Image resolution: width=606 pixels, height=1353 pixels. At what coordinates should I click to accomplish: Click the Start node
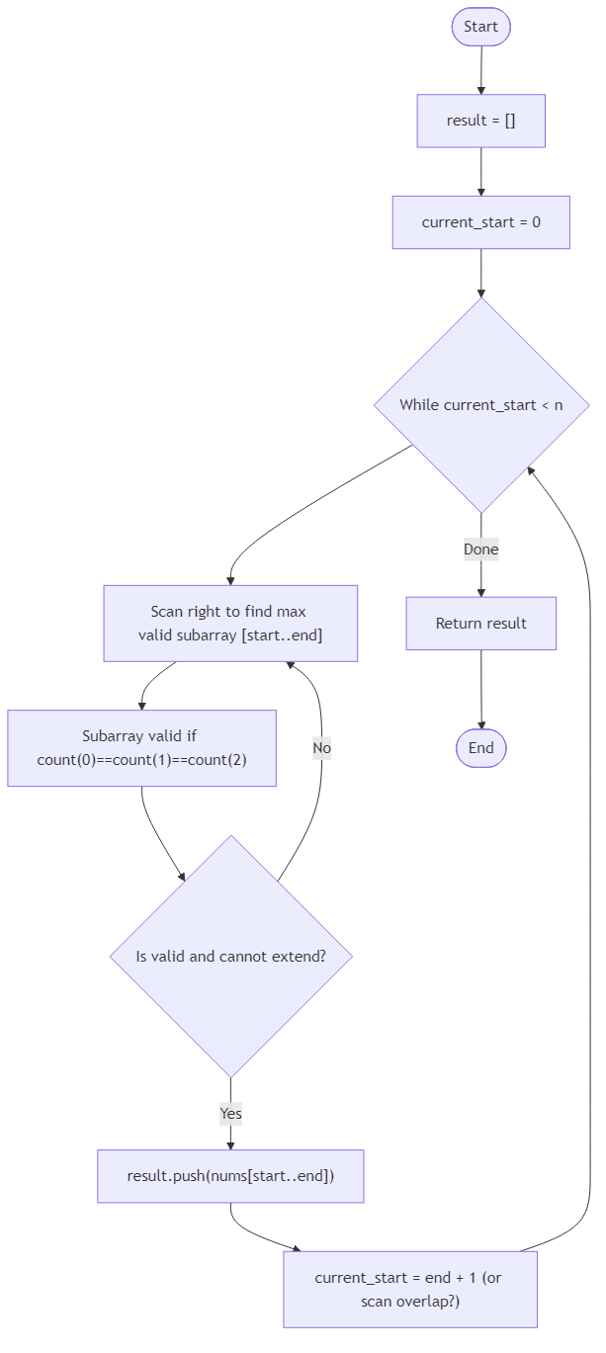pyautogui.click(x=480, y=27)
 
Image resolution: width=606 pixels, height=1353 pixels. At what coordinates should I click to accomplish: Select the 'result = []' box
pyautogui.click(x=480, y=121)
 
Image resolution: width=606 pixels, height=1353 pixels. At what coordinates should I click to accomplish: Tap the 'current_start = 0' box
pyautogui.click(x=480, y=221)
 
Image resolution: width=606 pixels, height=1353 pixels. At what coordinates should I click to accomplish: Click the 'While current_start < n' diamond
pyautogui.click(x=480, y=404)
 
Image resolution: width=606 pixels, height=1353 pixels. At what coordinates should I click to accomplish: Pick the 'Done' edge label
pyautogui.click(x=480, y=550)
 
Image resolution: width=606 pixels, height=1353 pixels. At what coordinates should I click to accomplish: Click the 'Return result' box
pyautogui.click(x=480, y=623)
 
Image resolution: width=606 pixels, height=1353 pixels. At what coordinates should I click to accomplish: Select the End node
pyautogui.click(x=480, y=748)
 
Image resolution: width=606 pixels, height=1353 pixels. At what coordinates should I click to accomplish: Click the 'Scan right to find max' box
pyautogui.click(x=230, y=623)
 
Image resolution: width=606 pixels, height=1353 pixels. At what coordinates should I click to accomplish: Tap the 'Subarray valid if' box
pyautogui.click(x=141, y=748)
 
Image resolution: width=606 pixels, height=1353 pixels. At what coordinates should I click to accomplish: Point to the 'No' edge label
pyautogui.click(x=321, y=748)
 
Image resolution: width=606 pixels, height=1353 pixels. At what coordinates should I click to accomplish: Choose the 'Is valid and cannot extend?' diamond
pyautogui.click(x=230, y=956)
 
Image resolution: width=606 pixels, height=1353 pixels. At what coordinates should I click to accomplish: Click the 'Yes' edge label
pyautogui.click(x=230, y=1114)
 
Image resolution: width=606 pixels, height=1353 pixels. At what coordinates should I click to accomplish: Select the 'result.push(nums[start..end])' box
pyautogui.click(x=230, y=1176)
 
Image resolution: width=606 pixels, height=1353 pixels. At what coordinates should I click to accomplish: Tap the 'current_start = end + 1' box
pyautogui.click(x=409, y=1289)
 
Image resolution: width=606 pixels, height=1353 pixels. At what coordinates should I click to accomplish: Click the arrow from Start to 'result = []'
pyautogui.click(x=480, y=70)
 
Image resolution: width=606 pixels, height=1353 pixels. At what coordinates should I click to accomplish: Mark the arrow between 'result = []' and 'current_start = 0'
pyautogui.click(x=480, y=171)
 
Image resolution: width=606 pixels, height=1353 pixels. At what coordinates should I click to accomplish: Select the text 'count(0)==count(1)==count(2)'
pyautogui.click(x=141, y=761)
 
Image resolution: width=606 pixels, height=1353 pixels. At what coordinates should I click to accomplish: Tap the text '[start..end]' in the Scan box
pyautogui.click(x=282, y=635)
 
